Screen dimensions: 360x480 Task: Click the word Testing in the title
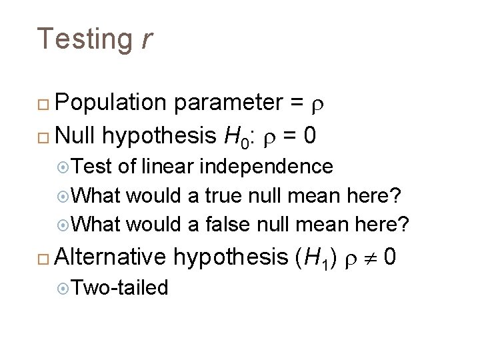(85, 39)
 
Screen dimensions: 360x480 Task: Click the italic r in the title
(147, 39)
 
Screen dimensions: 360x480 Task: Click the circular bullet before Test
(63, 167)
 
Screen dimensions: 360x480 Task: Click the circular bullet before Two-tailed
(63, 288)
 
